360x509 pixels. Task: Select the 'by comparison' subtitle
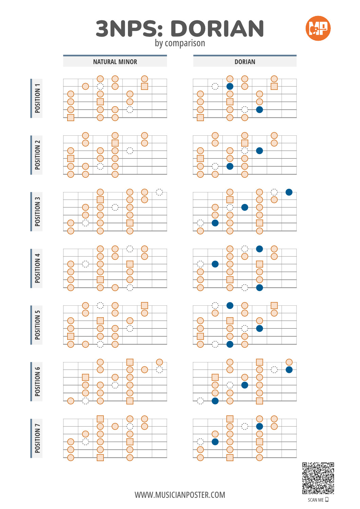point(180,43)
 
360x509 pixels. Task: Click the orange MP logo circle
point(318,29)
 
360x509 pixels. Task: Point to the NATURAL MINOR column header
point(115,62)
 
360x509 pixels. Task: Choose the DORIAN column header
point(245,62)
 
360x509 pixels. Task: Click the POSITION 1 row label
point(37,98)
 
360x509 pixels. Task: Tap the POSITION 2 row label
point(37,155)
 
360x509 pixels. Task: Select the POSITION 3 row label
point(37,211)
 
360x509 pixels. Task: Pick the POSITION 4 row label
point(37,268)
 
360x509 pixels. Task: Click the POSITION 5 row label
point(37,325)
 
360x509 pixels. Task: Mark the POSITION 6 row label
point(37,381)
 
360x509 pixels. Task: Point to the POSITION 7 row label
point(37,438)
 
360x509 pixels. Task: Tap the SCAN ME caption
point(316,500)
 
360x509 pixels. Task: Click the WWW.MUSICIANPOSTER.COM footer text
point(180,495)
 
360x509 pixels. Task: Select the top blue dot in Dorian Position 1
point(230,86)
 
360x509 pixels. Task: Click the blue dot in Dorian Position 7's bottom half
point(215,442)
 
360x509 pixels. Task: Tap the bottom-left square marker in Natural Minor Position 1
point(71,118)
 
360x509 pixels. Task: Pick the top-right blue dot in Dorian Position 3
point(289,192)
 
